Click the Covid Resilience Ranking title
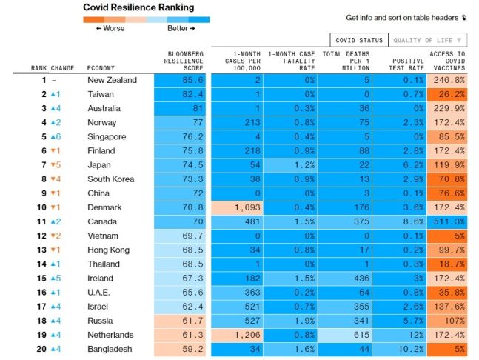[x=138, y=7]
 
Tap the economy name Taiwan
[x=101, y=94]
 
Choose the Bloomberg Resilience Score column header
[x=184, y=61]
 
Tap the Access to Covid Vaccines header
[x=447, y=61]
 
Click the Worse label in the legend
[x=109, y=28]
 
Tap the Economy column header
[x=101, y=68]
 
